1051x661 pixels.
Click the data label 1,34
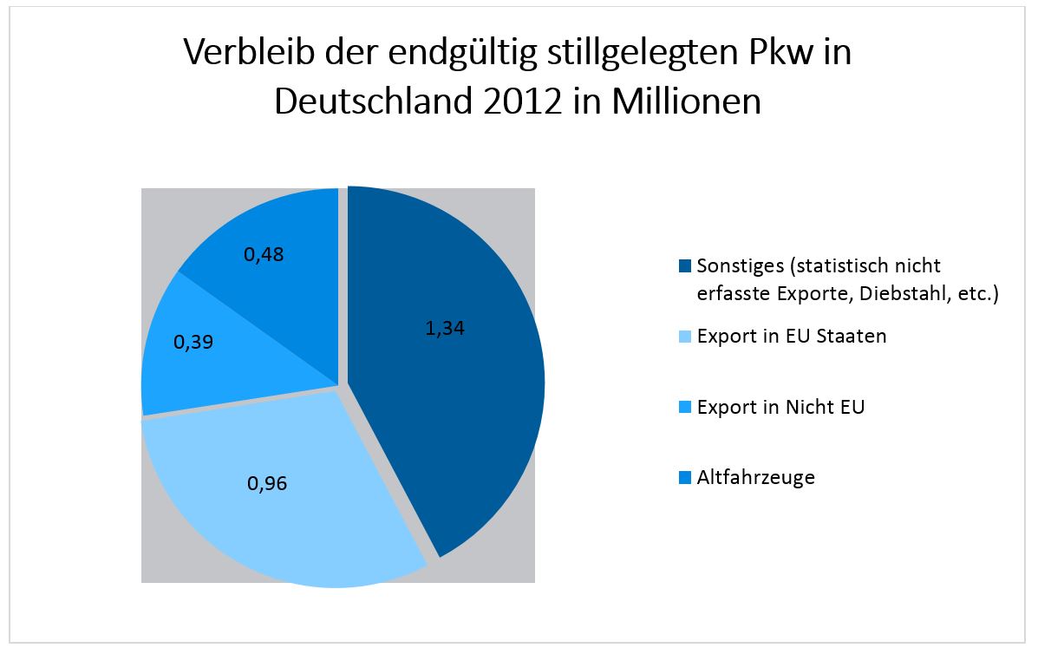coord(445,329)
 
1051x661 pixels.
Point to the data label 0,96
coord(267,483)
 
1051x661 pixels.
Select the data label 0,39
coord(193,343)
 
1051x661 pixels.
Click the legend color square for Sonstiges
coord(685,265)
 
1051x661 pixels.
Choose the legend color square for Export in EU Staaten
coord(685,337)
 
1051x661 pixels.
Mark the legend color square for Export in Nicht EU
coord(685,407)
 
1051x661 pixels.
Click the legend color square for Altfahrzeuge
coord(685,477)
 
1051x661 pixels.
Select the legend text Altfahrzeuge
coord(755,477)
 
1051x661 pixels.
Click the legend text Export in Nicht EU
coord(780,407)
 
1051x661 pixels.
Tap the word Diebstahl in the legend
coord(904,294)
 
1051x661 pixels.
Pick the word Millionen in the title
coord(687,102)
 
